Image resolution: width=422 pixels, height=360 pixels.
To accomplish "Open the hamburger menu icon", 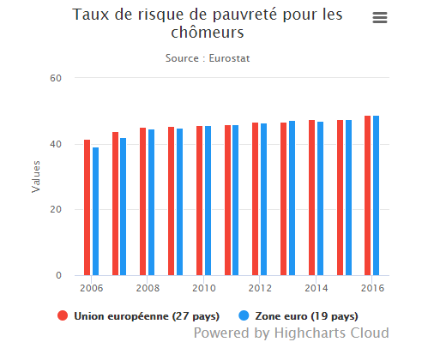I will point(380,18).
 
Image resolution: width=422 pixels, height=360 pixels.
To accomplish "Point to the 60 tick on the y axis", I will point(56,78).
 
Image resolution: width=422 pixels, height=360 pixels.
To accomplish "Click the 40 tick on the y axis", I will point(56,144).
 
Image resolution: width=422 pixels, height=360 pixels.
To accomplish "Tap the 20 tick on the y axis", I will point(56,210).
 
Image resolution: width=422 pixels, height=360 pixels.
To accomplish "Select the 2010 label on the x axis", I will point(203,289).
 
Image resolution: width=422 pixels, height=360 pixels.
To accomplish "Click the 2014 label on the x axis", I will point(316,289).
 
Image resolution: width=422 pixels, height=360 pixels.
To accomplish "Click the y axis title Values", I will point(36,177).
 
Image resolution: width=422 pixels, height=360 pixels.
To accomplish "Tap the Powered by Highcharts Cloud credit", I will point(291,333).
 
